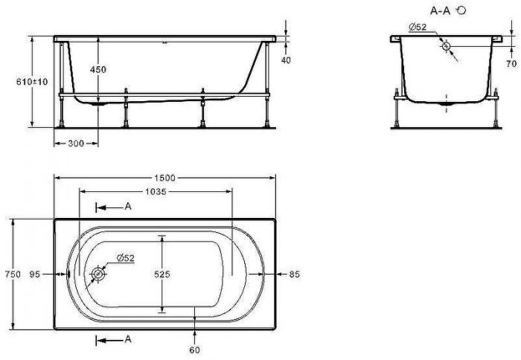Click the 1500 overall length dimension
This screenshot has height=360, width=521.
(x=165, y=178)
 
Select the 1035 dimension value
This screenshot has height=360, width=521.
(x=156, y=192)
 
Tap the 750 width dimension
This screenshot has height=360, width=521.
(x=13, y=274)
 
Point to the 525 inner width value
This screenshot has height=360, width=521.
(x=162, y=274)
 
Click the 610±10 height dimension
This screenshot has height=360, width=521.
(x=32, y=81)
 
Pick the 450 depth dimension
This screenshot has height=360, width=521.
(x=98, y=69)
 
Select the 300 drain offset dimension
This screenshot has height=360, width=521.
(x=76, y=144)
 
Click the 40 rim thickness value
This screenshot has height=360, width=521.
(x=286, y=60)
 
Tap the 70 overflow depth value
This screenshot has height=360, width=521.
(x=512, y=63)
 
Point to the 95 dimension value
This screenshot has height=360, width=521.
(x=35, y=274)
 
